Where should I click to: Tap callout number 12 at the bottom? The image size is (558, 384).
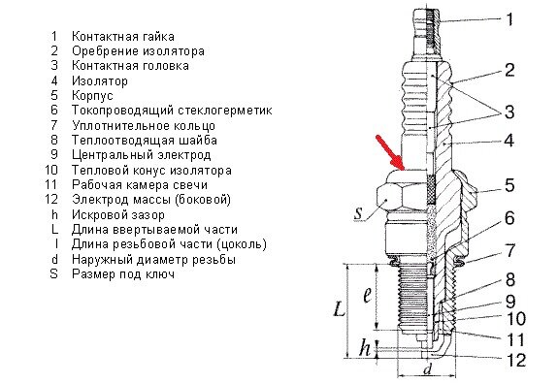click(515, 360)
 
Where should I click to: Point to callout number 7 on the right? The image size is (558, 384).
click(510, 251)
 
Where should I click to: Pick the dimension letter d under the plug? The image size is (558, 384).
click(427, 369)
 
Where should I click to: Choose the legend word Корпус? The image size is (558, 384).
click(93, 97)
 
